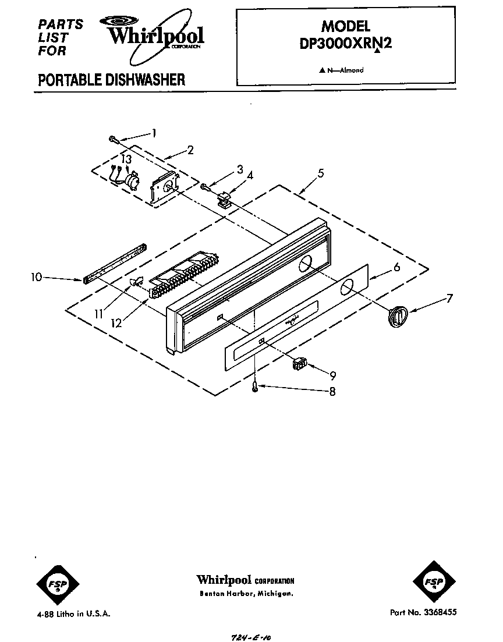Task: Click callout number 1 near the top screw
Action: [x=154, y=133]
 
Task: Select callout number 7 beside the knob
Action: [x=449, y=299]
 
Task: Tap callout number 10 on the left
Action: [x=36, y=278]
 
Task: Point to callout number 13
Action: [x=126, y=159]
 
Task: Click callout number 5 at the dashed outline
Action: [x=321, y=173]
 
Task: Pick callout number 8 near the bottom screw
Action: [x=332, y=392]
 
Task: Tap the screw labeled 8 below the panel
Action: [x=255, y=387]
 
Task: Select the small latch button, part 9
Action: [x=300, y=364]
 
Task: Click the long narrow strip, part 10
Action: [x=115, y=264]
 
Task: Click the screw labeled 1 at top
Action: [x=113, y=139]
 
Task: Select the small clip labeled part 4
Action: [x=224, y=200]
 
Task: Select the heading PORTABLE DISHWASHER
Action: [x=111, y=80]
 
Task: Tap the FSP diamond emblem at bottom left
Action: [x=58, y=582]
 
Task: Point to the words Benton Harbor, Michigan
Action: [x=246, y=594]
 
